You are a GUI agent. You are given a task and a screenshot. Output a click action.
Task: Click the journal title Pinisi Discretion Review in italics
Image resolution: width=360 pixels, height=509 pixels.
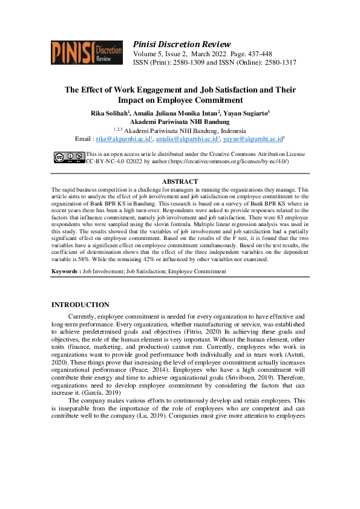point(181,44)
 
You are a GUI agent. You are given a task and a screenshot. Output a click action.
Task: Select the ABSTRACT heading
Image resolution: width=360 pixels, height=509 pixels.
point(180,182)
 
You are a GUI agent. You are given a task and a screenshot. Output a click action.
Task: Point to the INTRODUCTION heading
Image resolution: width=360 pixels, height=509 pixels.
point(80,305)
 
